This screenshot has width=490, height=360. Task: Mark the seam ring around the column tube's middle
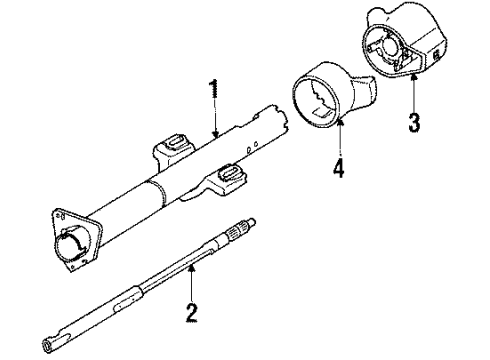tap(152, 195)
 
